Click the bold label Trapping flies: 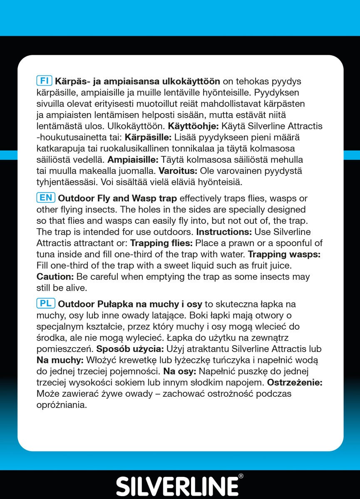[162, 243]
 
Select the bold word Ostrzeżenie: [295, 382]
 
